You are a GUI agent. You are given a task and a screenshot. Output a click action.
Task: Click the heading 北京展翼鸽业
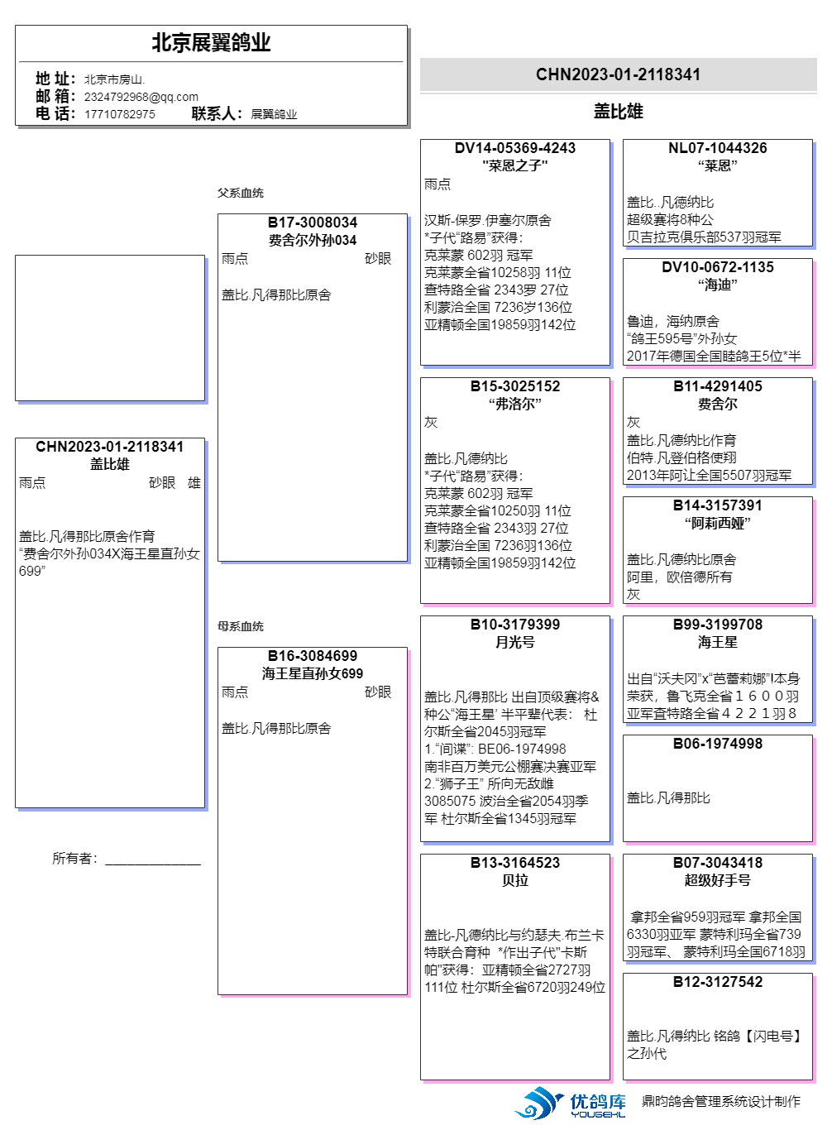(x=211, y=43)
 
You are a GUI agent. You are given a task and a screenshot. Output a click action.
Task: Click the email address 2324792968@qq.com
(x=141, y=97)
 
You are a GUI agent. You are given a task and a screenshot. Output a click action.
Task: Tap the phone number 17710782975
(x=119, y=114)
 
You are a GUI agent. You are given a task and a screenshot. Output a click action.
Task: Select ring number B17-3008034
(x=312, y=223)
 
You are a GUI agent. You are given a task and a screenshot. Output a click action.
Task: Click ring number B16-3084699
(x=312, y=656)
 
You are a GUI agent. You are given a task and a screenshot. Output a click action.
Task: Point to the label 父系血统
(x=241, y=193)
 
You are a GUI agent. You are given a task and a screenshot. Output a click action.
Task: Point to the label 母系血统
(x=241, y=626)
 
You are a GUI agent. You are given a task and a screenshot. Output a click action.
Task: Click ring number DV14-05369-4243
(x=514, y=148)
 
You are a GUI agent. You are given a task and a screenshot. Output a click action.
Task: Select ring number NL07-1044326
(x=717, y=148)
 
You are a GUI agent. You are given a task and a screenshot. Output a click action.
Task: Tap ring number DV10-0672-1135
(x=717, y=267)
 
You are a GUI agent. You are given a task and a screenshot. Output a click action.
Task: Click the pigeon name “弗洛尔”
(x=514, y=404)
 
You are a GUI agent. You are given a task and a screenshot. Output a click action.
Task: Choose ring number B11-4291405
(x=717, y=386)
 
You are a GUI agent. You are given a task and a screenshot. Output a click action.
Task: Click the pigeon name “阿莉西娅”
(x=717, y=523)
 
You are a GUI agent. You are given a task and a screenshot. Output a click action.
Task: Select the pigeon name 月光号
(x=514, y=642)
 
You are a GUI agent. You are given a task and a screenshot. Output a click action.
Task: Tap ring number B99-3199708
(x=717, y=625)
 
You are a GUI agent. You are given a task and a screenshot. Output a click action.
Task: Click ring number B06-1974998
(x=717, y=744)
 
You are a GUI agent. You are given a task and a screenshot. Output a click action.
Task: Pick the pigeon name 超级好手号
(x=717, y=880)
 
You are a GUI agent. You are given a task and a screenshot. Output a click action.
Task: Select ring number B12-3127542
(x=717, y=982)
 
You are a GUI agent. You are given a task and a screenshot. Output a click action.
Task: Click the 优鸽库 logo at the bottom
(x=571, y=1104)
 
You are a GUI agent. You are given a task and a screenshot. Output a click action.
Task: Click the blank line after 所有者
(x=153, y=860)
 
